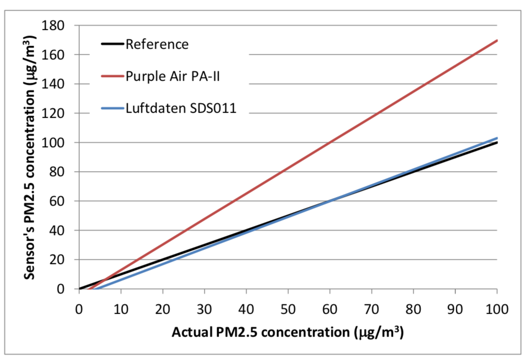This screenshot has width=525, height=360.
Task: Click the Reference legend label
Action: [157, 44]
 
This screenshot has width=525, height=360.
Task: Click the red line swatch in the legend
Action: [109, 76]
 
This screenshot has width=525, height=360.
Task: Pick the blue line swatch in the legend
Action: [109, 109]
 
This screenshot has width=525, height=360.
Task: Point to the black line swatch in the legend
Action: [109, 44]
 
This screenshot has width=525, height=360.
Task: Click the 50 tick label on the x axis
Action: [288, 308]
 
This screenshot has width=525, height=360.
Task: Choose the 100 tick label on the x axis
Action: [497, 308]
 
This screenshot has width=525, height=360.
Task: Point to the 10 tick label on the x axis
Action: [121, 308]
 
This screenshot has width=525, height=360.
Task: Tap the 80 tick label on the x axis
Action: [413, 308]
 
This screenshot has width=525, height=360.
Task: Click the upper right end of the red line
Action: [497, 40]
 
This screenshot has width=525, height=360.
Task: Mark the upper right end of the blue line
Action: [497, 138]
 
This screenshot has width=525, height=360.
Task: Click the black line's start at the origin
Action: [80, 288]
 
